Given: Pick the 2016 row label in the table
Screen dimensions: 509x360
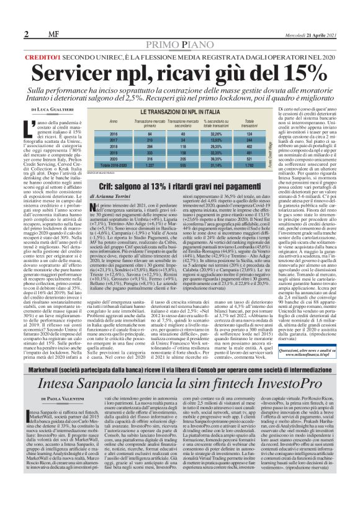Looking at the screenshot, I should pyautogui.click(x=114, y=133).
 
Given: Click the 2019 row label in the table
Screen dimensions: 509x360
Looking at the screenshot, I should pyautogui.click(x=114, y=152).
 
